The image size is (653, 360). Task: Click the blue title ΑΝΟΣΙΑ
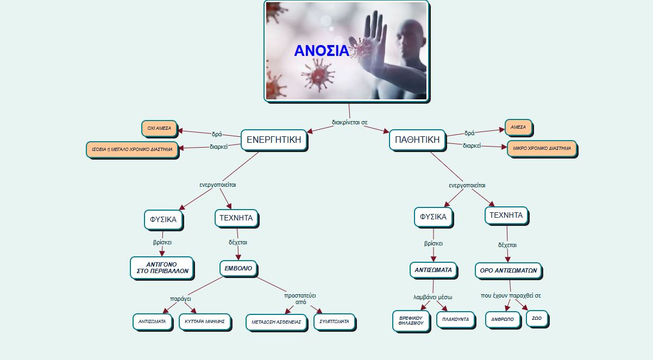tap(322, 50)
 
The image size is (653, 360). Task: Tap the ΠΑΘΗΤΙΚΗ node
tap(417, 140)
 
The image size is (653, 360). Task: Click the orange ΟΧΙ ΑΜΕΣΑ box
tap(159, 129)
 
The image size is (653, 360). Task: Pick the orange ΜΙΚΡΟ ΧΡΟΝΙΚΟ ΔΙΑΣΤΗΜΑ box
tap(542, 148)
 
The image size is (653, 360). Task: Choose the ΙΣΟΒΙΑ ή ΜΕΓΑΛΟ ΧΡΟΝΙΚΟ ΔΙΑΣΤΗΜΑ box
tap(132, 149)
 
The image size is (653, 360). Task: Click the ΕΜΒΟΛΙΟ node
tap(238, 268)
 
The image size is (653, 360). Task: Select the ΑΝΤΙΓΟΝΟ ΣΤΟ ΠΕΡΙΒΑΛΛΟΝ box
tap(161, 268)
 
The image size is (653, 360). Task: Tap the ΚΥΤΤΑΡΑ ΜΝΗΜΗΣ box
tap(204, 321)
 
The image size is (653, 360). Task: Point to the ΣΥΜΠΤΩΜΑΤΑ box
tap(335, 321)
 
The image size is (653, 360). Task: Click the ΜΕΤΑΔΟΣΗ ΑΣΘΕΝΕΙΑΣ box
tap(276, 322)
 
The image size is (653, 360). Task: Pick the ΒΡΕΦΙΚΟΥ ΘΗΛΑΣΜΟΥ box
tap(411, 320)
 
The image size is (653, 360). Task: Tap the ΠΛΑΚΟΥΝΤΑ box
tap(455, 319)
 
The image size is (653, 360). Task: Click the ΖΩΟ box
tap(536, 318)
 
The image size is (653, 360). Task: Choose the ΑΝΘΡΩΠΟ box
tap(502, 319)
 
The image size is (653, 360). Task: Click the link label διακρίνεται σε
tap(349, 122)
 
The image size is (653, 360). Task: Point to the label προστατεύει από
tap(300, 298)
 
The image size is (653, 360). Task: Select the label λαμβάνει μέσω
tap(432, 297)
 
